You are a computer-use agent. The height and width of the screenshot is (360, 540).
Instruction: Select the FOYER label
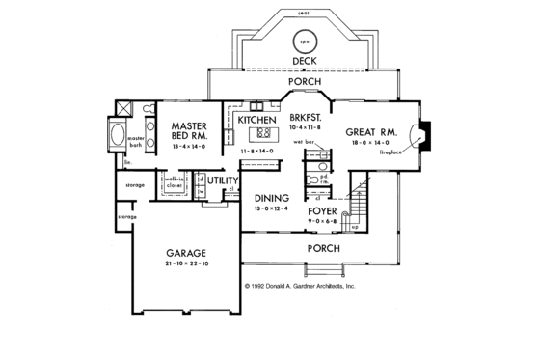click(321, 209)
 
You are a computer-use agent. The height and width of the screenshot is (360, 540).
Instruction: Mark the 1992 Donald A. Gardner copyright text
click(300, 287)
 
